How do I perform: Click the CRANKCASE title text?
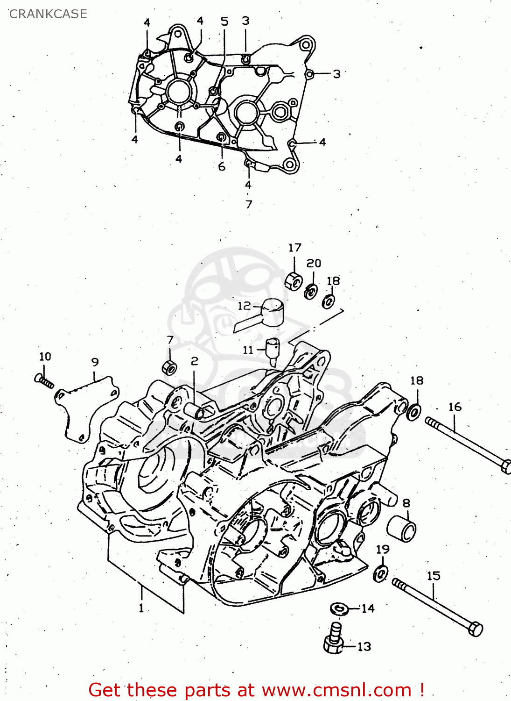click(48, 14)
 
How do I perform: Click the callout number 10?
click(45, 357)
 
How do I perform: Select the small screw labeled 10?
click(44, 380)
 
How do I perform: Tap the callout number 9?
click(95, 362)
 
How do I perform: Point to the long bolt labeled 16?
click(467, 444)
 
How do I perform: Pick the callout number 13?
click(364, 647)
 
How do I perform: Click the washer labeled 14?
click(339, 609)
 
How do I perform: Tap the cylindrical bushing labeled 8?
click(402, 529)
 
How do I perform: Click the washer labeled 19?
click(381, 572)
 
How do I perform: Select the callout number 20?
click(314, 263)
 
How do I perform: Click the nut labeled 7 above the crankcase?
click(169, 367)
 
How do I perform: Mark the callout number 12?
click(244, 306)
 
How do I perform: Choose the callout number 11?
click(248, 350)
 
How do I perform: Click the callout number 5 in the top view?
click(224, 21)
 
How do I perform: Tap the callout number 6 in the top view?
click(222, 166)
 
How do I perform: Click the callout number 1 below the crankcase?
click(141, 608)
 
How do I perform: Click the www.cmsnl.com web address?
click(336, 690)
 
